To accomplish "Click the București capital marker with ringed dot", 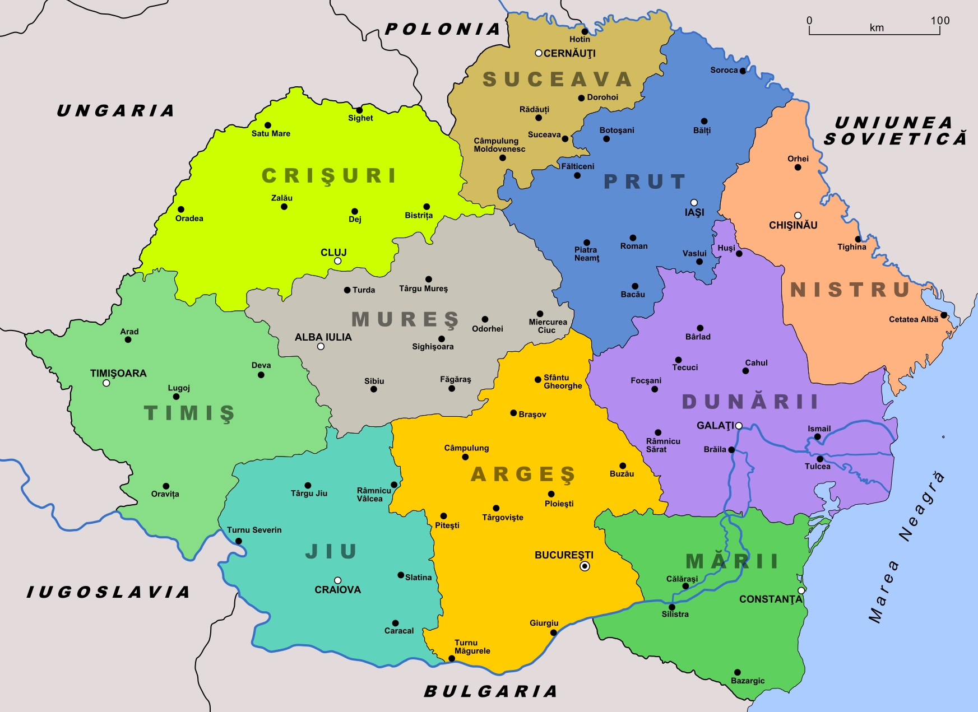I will point(585,566).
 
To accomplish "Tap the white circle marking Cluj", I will point(337,261).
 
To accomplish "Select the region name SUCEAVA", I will point(558,80).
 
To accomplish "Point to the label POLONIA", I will point(442,29).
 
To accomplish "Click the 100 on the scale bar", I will point(940,21).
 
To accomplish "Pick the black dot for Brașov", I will point(513,413).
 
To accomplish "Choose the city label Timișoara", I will point(118,373).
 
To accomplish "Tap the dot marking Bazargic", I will point(738,672).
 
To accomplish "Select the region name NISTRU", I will point(850,290).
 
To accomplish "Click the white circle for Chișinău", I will point(798,216).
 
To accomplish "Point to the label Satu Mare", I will point(271,133).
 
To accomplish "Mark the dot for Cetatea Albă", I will point(944,315).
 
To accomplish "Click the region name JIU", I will point(331,552).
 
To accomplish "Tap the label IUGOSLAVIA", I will point(108,592).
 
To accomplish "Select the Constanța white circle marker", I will point(801,590).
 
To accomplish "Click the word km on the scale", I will point(877,28).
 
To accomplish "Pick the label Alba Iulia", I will point(323,337).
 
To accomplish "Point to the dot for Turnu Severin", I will point(239,541).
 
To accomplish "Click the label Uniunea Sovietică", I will point(894,131).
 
